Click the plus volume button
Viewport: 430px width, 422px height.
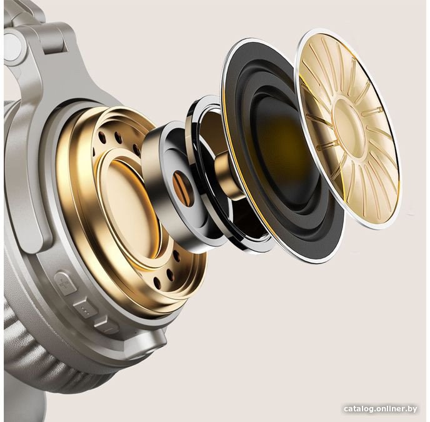65,283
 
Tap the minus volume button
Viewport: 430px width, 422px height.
106,324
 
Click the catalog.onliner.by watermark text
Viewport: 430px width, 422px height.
381,409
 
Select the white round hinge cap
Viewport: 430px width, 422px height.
13,48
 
